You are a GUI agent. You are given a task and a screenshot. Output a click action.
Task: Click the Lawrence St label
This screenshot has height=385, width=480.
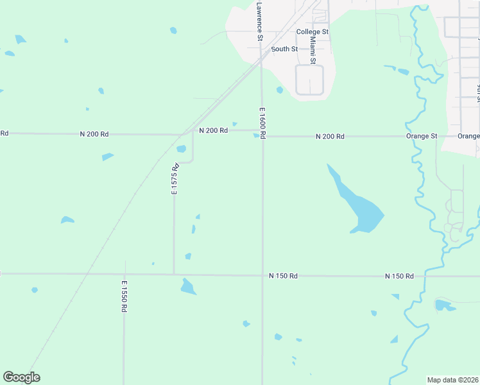[x=259, y=21]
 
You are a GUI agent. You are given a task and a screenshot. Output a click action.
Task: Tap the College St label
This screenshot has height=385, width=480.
[x=313, y=31]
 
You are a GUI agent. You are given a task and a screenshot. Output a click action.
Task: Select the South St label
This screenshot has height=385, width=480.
[x=284, y=49]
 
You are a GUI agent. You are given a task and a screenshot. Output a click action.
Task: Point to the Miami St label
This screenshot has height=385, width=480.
[x=313, y=50]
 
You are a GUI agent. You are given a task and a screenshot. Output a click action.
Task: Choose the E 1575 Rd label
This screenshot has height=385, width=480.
[x=173, y=179]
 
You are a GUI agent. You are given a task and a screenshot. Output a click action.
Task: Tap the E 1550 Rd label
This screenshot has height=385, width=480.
[x=124, y=296]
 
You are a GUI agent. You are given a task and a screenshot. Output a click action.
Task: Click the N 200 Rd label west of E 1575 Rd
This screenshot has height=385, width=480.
[x=94, y=134]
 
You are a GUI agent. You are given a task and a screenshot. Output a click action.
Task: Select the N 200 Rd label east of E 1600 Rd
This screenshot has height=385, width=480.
[x=330, y=137]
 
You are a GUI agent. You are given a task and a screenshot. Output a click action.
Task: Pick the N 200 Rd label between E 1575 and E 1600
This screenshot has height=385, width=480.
[x=213, y=130]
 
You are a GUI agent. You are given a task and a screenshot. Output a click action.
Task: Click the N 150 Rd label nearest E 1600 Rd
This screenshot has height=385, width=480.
[x=283, y=276]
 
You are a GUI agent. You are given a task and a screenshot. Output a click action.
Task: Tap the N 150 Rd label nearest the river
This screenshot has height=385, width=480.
[x=399, y=276]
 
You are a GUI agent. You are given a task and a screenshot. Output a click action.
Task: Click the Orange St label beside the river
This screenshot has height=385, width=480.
[x=422, y=137]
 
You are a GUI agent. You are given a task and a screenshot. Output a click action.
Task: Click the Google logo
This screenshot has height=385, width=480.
[x=21, y=377]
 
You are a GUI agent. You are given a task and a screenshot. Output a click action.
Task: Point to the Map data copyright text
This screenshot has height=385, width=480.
[x=452, y=380]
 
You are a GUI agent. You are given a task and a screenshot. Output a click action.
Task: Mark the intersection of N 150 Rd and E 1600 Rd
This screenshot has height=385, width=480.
[x=262, y=275]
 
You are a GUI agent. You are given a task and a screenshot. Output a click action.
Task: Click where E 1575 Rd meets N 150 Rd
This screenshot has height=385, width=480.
[x=174, y=274]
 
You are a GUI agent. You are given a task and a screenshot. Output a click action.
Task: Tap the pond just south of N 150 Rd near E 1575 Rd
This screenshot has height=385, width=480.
[x=187, y=287]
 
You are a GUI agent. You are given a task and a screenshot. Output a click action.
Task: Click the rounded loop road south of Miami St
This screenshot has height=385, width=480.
[x=309, y=80]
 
